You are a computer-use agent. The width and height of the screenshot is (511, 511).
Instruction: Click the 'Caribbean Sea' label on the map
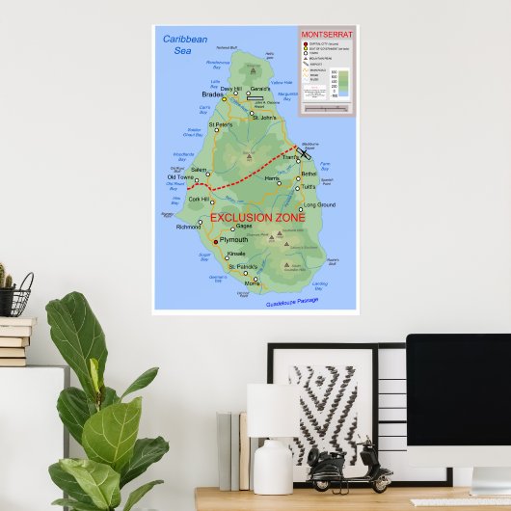(184, 44)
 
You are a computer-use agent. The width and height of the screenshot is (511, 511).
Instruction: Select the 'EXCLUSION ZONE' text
(257, 218)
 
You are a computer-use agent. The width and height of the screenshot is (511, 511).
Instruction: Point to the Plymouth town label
(233, 240)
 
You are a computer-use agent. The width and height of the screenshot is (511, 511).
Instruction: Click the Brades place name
(212, 94)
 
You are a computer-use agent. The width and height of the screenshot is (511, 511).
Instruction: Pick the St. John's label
(263, 119)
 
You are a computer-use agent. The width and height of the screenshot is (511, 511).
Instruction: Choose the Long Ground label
(319, 205)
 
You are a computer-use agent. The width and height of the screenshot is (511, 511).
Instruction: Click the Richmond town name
(188, 227)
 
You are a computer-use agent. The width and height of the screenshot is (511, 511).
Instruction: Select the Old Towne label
(180, 177)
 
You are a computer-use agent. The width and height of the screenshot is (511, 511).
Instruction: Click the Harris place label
(271, 179)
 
